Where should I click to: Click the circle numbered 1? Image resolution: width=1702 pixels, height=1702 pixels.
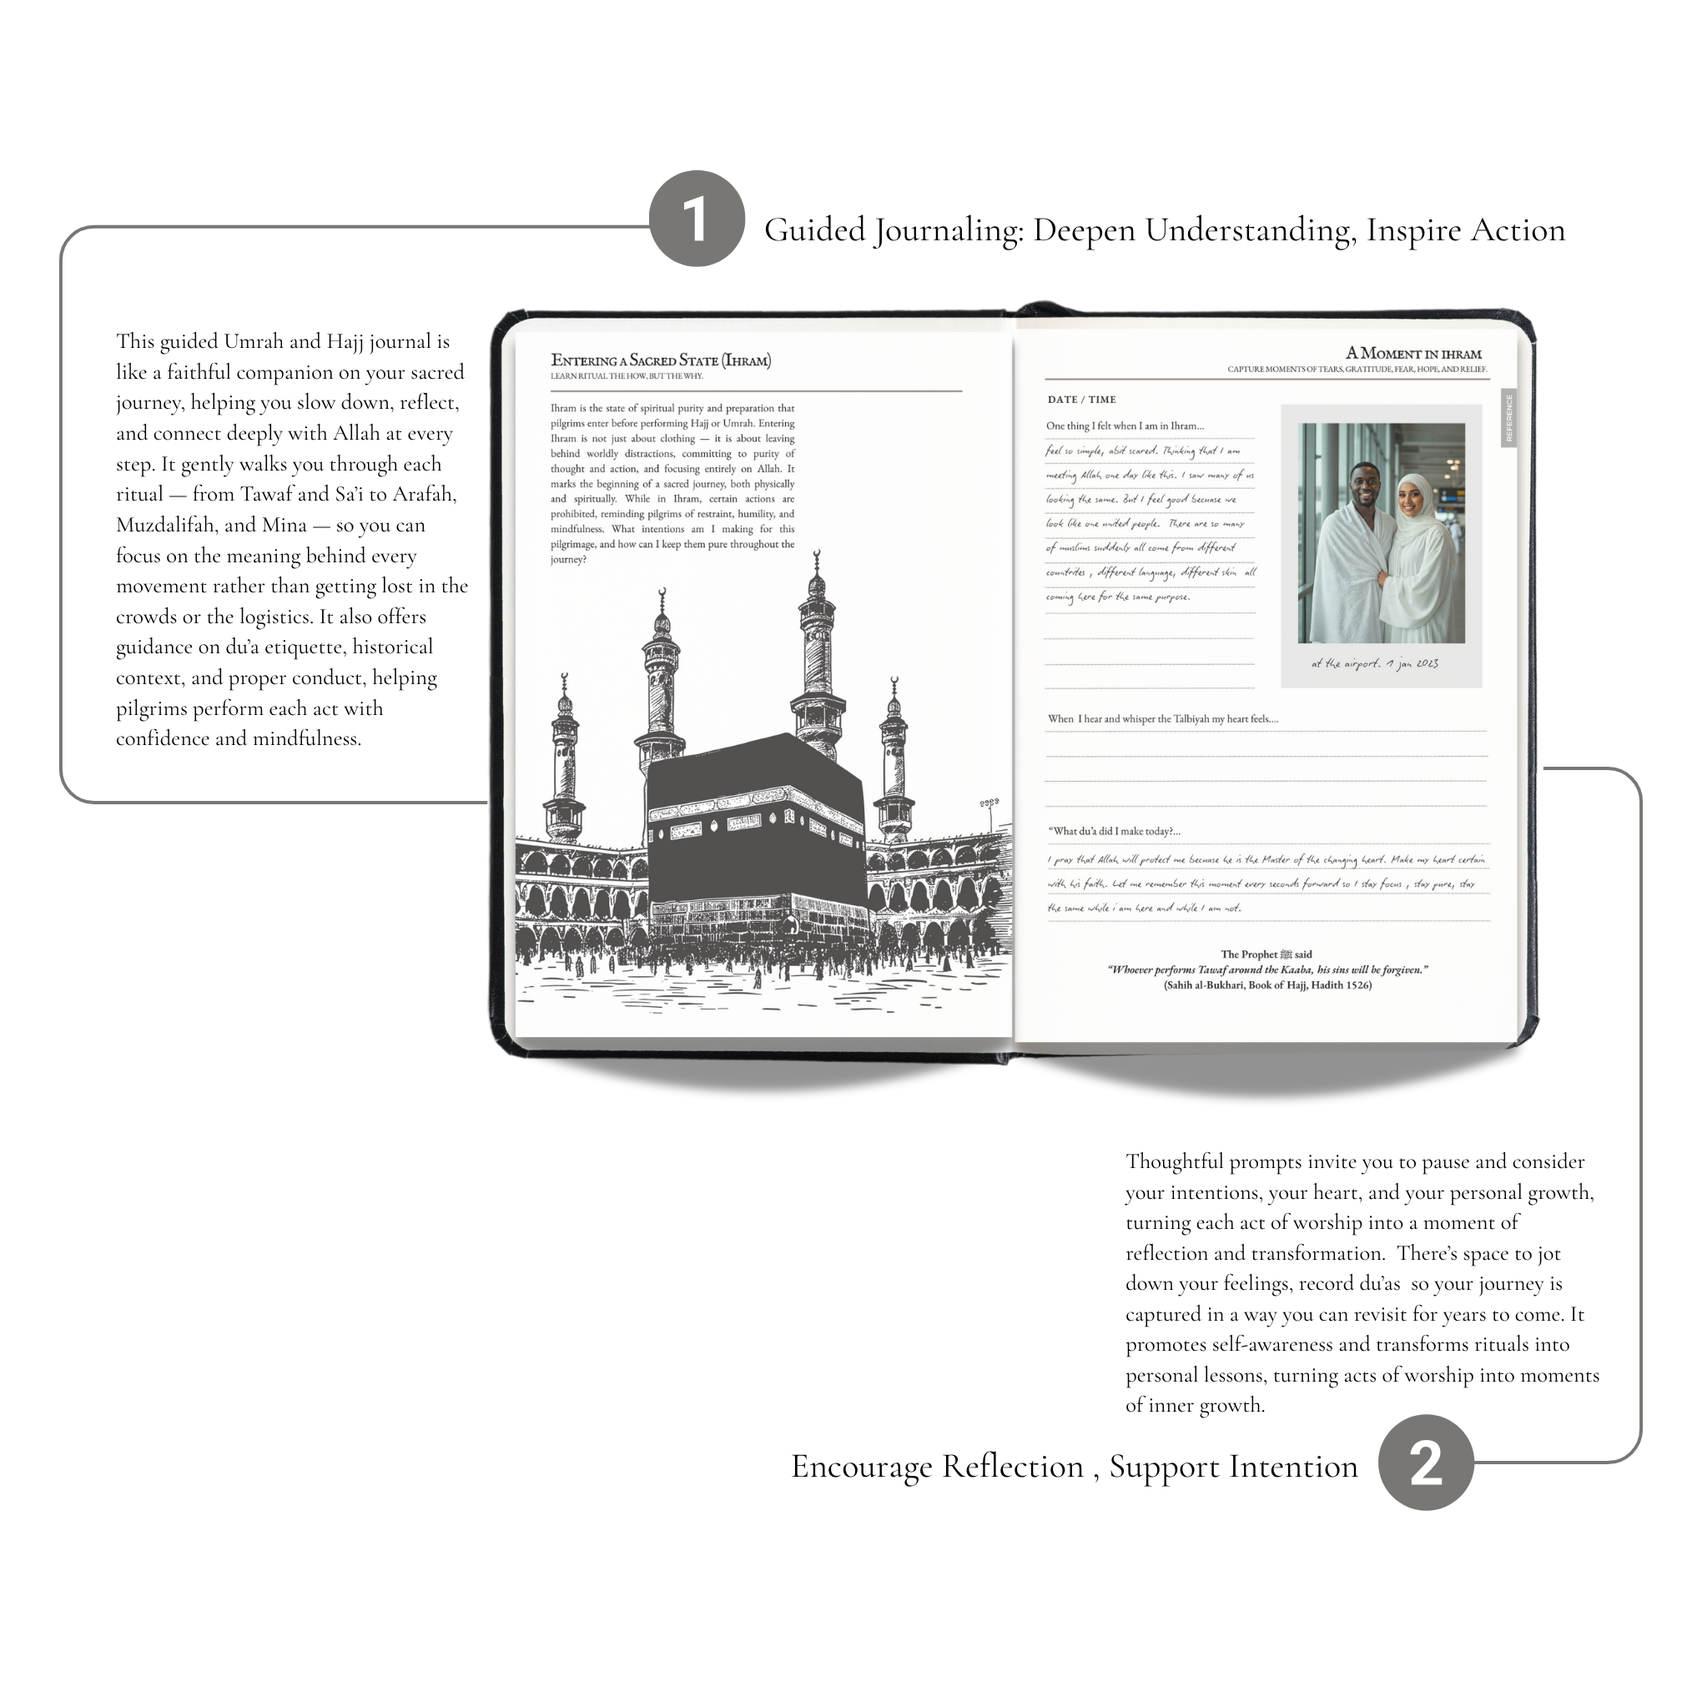click(696, 219)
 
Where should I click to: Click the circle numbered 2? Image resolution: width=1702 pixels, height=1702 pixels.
click(1424, 1463)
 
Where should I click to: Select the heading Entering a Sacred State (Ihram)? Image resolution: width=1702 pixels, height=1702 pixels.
click(661, 360)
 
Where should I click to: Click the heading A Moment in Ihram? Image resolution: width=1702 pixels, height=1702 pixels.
click(1413, 353)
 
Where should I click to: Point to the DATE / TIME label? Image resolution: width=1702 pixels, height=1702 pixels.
click(1081, 399)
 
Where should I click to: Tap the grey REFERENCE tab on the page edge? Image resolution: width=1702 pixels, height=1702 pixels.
click(1508, 419)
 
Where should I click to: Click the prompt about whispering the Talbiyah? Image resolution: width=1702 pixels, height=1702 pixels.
click(1163, 719)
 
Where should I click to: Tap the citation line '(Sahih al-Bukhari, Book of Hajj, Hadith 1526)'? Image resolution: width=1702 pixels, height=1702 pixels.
click(1266, 984)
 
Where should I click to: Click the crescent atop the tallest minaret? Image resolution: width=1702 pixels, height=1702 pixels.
click(817, 556)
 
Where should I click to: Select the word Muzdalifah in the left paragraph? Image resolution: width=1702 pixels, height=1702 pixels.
click(166, 525)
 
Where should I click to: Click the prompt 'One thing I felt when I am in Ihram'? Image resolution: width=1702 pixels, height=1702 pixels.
click(1124, 426)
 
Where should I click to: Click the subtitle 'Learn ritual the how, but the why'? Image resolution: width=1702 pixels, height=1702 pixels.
click(627, 376)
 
